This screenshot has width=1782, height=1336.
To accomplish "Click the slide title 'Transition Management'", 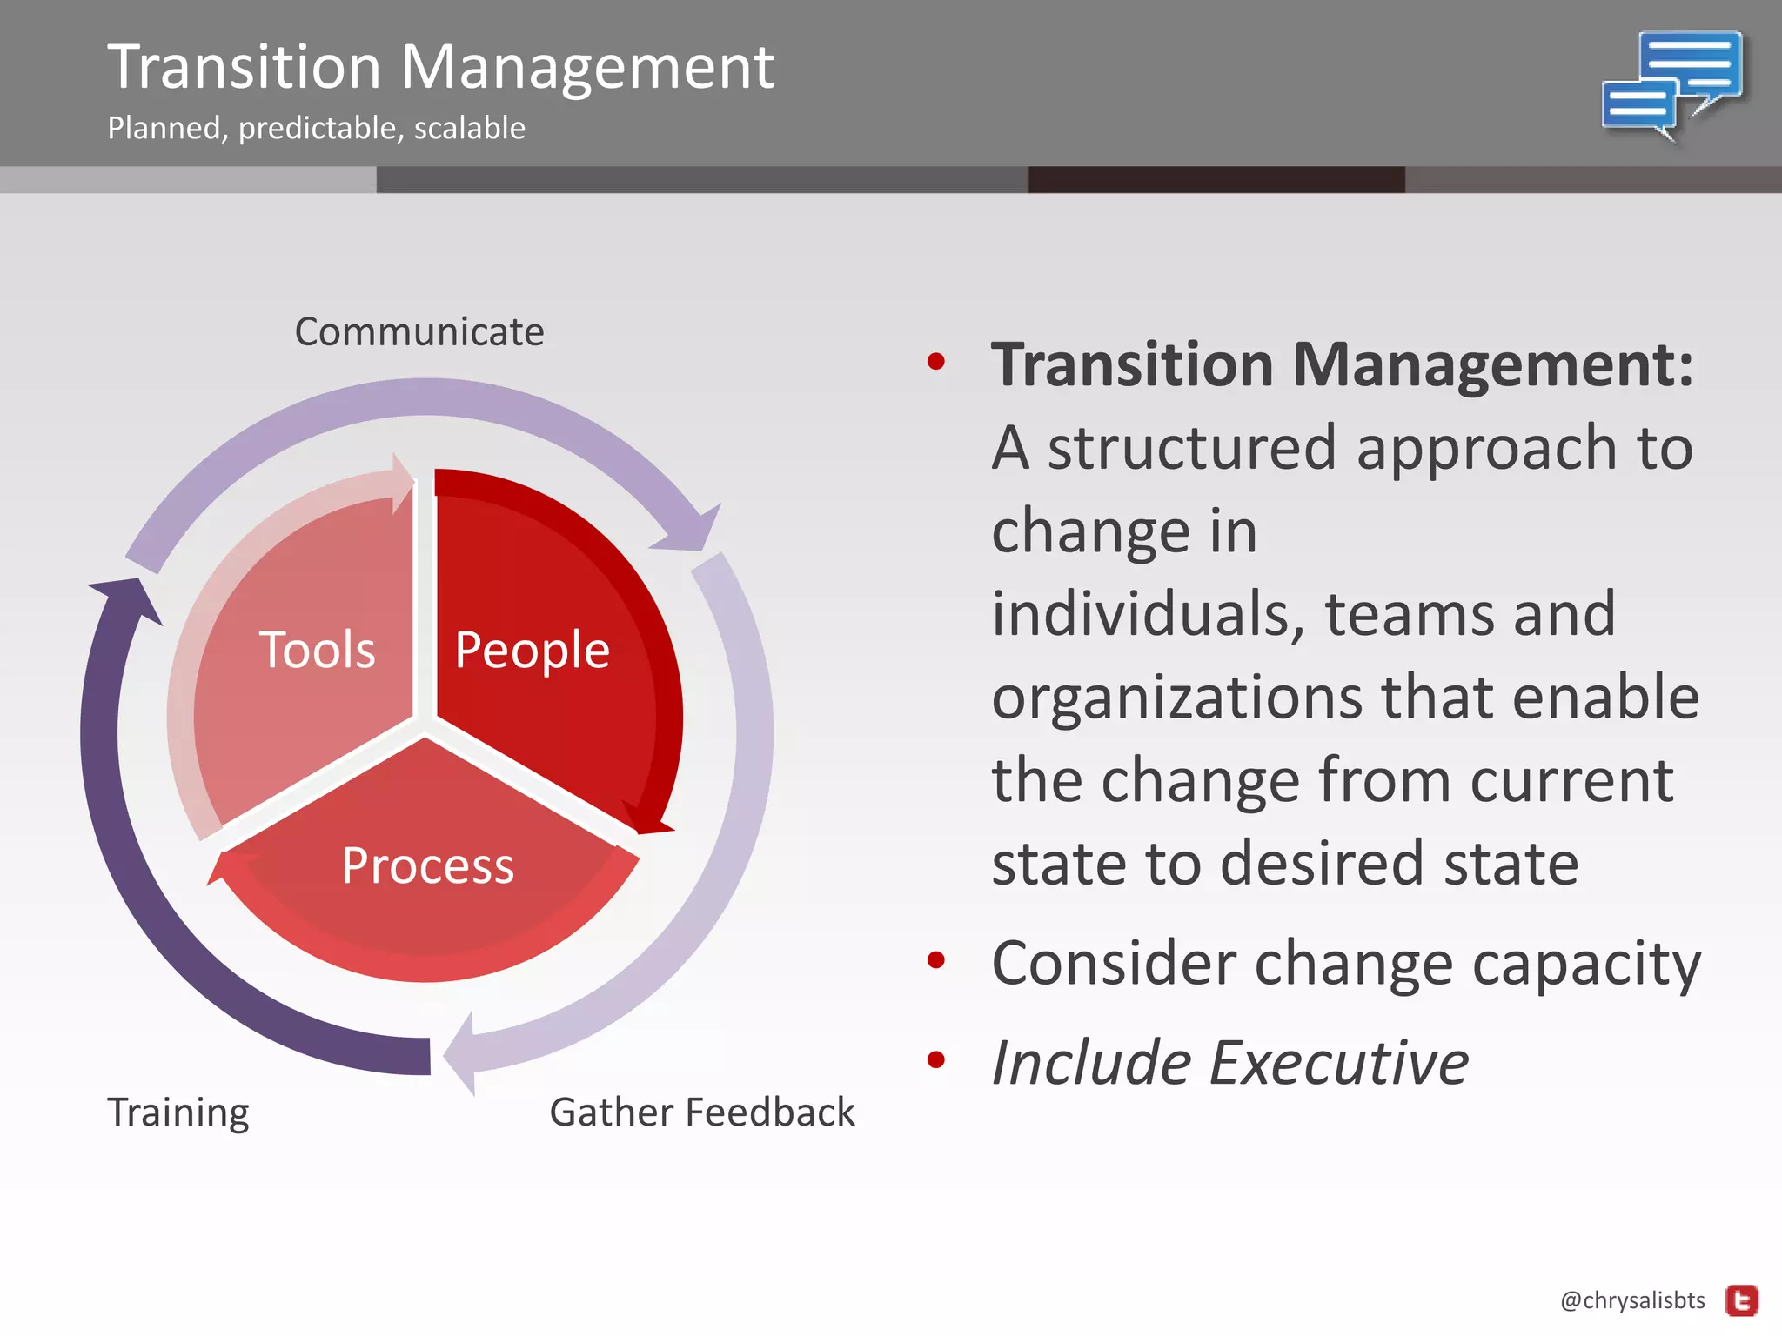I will coord(440,67).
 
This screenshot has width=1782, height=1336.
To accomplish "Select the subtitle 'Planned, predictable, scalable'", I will coord(316,129).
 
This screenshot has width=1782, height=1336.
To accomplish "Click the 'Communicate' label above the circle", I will coord(419,332).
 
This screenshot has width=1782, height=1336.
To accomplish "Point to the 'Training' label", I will coord(178,1112).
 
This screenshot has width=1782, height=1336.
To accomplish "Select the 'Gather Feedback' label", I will coord(702,1112).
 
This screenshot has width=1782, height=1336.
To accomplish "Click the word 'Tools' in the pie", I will coord(318,650).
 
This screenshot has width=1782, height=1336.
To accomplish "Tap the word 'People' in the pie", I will coord(532,650).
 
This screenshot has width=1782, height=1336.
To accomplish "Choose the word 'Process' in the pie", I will coord(427,865).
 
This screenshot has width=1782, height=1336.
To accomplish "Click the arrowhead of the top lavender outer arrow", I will coord(692,528).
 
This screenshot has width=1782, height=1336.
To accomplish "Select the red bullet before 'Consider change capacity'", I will coord(936,960).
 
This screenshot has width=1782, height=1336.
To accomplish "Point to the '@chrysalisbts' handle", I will coord(1632,1300).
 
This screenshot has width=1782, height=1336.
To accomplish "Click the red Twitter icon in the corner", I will coord(1742,1301).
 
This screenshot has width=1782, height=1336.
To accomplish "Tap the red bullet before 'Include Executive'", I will coord(936,1059).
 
